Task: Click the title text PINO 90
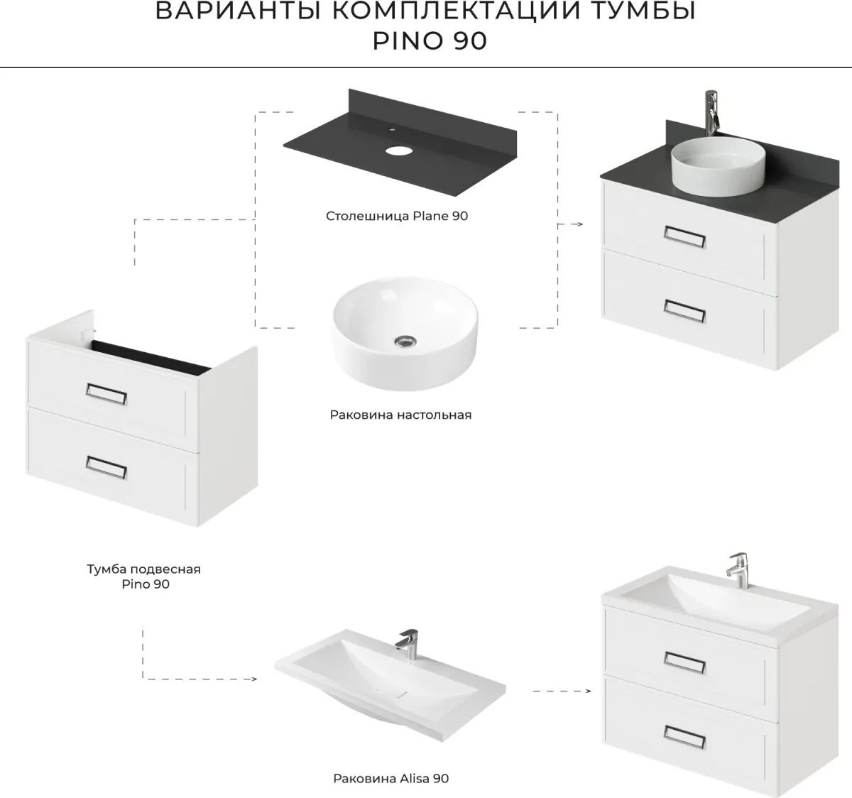[430, 41]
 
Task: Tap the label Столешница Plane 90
[397, 216]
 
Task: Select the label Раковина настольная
[400, 415]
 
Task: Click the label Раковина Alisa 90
[390, 779]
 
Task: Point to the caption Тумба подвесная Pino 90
[144, 576]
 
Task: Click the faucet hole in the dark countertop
[398, 151]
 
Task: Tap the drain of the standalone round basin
[405, 341]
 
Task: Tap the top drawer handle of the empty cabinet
[106, 394]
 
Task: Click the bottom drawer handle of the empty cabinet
[106, 467]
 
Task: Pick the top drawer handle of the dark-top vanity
[684, 237]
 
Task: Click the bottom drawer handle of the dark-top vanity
[684, 311]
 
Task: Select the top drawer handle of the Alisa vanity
[684, 662]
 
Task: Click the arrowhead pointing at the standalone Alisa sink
[254, 679]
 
